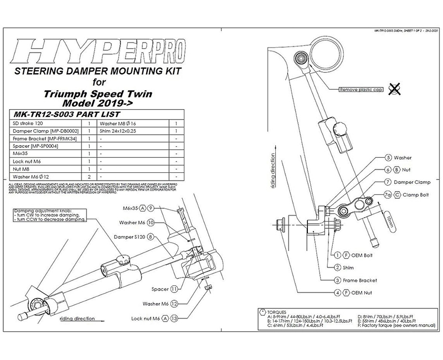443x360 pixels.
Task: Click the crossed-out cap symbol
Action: (x=395, y=87)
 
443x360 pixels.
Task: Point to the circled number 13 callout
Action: (x=175, y=319)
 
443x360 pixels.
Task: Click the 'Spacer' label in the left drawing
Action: (x=160, y=289)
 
